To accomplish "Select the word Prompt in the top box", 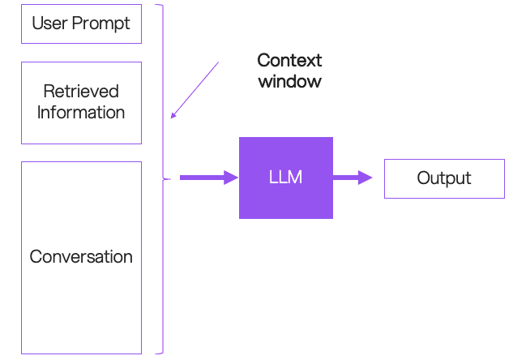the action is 100,24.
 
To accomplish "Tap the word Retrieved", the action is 81,91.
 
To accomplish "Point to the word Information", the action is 81,112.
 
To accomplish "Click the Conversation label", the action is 81,256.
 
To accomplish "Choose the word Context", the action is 289,60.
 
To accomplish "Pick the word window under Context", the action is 290,81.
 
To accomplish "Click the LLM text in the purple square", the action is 285,178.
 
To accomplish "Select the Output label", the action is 444,178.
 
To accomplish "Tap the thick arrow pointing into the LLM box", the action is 209,178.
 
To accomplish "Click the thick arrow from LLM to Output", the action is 353,178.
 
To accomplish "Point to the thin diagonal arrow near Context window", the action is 195,90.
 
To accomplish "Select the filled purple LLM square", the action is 286,178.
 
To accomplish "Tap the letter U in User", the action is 37,24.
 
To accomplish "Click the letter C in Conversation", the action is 36,256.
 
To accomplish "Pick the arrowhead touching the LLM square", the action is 231,178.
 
